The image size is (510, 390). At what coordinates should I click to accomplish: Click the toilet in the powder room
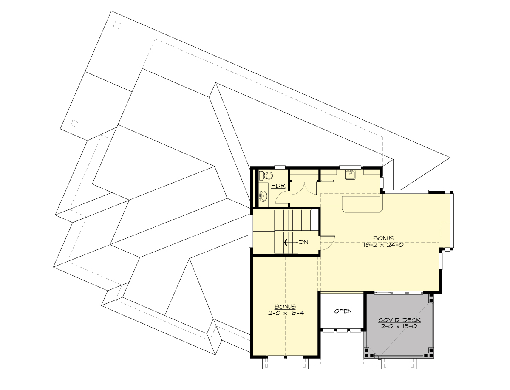[x=266, y=175]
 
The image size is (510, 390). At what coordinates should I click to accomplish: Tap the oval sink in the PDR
[x=263, y=196]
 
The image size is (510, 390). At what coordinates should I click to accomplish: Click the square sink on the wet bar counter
[x=350, y=173]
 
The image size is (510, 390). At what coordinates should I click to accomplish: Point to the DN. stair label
[x=303, y=242]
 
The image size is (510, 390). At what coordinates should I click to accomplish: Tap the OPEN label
[x=343, y=311]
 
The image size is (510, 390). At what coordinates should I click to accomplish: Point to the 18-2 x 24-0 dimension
[x=384, y=245]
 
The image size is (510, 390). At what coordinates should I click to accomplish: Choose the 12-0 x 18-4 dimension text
[x=285, y=313]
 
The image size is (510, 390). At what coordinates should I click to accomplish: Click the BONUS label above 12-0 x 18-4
[x=285, y=306]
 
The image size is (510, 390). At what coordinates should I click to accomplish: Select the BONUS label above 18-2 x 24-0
[x=384, y=238]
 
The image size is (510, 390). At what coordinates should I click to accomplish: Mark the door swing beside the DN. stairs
[x=328, y=242]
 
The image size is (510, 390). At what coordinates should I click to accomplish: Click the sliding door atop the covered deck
[x=399, y=292]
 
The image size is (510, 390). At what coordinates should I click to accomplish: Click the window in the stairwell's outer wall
[x=250, y=231]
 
